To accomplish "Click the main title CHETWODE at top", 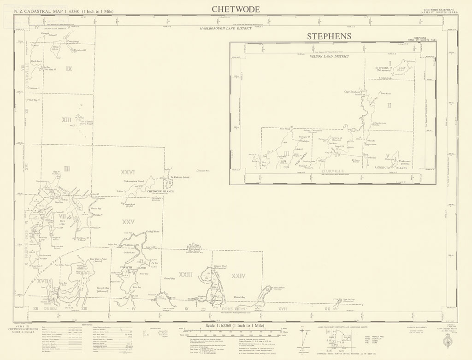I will pos(236,9).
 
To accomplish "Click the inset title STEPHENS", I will pos(329,36).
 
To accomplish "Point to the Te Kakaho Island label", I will pos(180,177).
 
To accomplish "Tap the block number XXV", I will pos(128,222).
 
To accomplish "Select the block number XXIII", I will pos(185,275).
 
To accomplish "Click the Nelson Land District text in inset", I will pos(330,57).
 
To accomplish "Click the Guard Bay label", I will pos(169,279).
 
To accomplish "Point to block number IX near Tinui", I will pos(69,69).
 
